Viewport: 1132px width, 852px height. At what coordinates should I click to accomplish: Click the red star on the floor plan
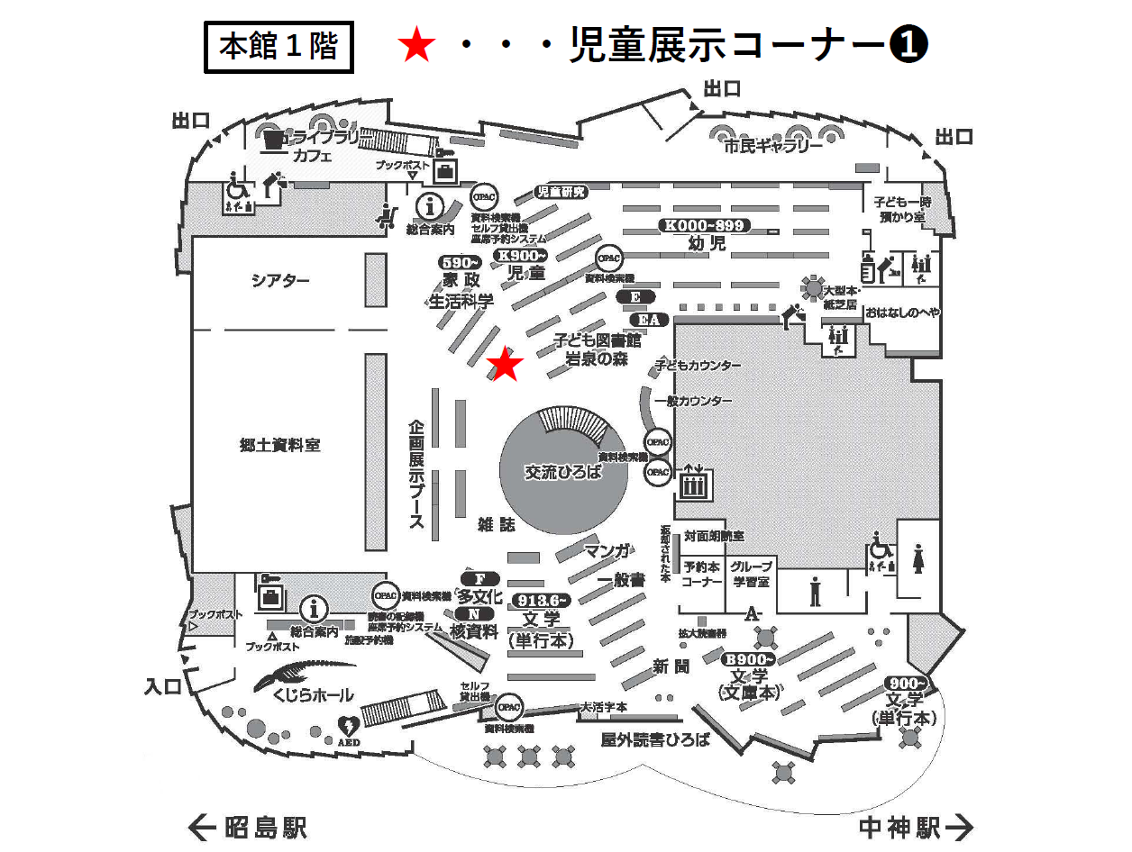[x=505, y=364]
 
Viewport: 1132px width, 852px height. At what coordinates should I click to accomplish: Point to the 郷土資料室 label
[x=280, y=444]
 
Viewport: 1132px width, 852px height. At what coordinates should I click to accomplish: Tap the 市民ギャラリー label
[x=773, y=147]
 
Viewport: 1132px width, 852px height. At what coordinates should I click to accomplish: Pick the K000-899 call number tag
[x=705, y=226]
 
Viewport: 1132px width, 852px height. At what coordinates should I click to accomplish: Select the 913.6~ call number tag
[x=541, y=600]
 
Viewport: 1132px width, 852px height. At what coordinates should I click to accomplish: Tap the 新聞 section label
[x=671, y=666]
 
